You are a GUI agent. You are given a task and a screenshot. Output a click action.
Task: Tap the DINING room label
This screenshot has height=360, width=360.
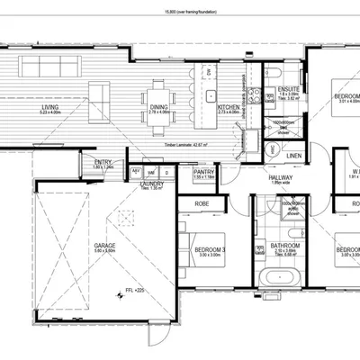click(x=158, y=107)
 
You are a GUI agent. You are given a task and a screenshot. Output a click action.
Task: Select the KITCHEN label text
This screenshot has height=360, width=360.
click(x=229, y=107)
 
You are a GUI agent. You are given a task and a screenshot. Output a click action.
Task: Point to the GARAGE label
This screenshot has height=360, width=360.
click(x=104, y=244)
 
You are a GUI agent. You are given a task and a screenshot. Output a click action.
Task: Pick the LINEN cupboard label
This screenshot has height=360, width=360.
click(x=293, y=156)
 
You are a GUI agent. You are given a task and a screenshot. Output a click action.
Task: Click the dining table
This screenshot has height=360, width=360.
click(x=158, y=90)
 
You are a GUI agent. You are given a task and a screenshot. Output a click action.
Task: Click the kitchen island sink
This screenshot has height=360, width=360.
click(x=212, y=94)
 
